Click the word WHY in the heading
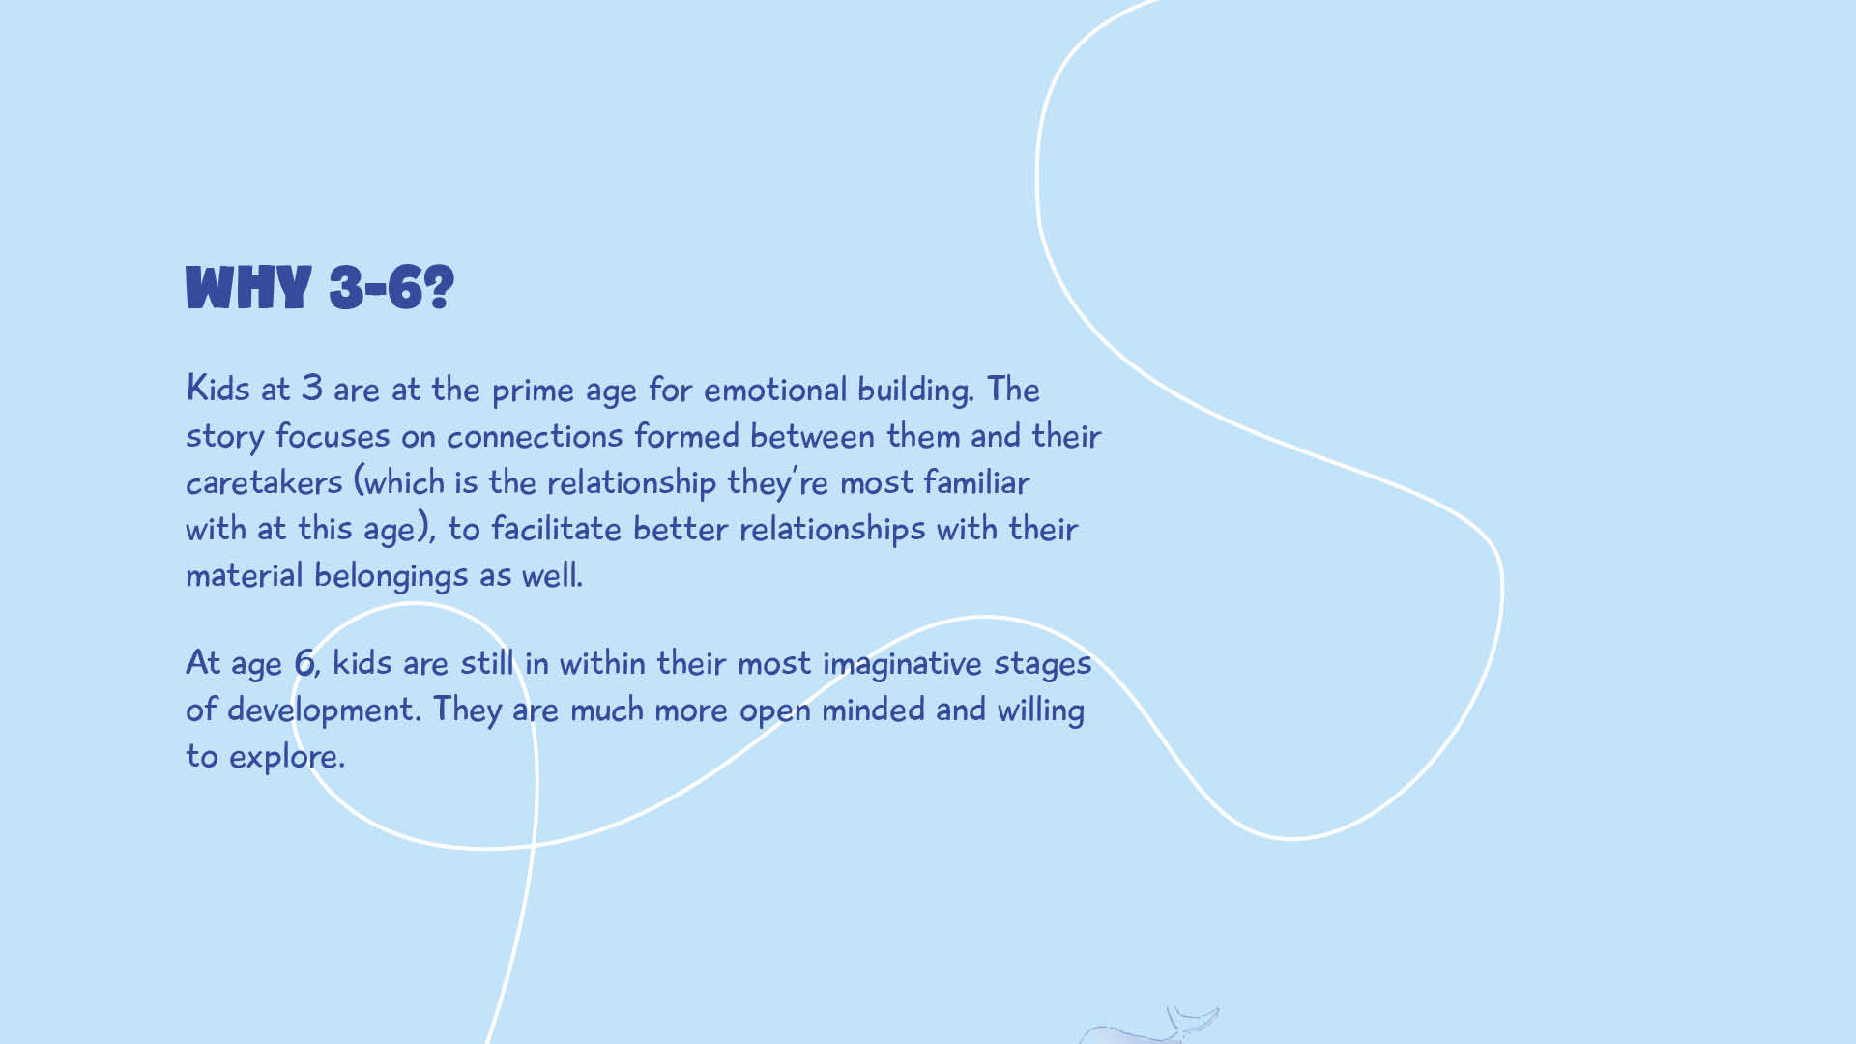tap(248, 288)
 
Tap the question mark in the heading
tap(439, 288)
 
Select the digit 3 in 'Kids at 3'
tap(311, 388)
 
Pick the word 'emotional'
tap(775, 389)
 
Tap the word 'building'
tap(914, 390)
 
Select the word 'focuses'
tap(333, 436)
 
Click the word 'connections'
tap(535, 436)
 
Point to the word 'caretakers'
tap(264, 482)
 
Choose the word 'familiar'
tap(976, 481)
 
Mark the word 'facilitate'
tap(556, 529)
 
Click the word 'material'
tap(245, 575)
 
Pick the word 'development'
tap(324, 710)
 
